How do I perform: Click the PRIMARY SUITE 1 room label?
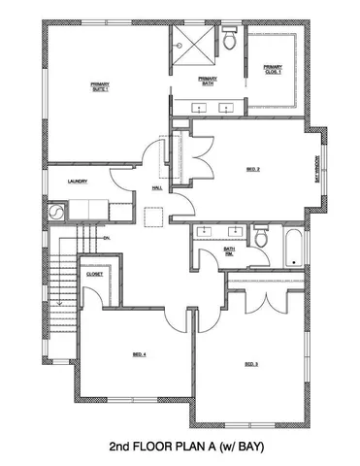[x=100, y=85]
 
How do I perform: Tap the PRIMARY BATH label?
[x=208, y=81]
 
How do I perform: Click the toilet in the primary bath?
[x=229, y=42]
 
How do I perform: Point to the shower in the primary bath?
[x=188, y=45]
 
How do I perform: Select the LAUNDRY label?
[x=78, y=182]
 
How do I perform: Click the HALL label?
[x=156, y=188]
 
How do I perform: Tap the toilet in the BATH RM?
[x=260, y=236]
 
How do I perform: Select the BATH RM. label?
[x=229, y=250]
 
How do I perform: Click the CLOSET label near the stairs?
[x=95, y=274]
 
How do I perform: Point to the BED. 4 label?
[x=139, y=355]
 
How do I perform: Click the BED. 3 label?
[x=250, y=364]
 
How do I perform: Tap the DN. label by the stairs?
[x=106, y=237]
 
